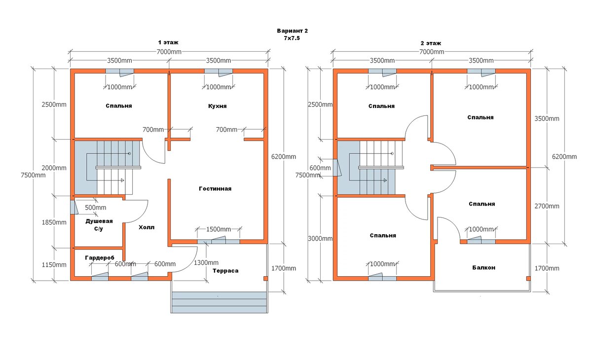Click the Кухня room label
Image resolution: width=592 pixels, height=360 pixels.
(217, 106)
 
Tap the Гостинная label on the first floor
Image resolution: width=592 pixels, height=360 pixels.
(215, 188)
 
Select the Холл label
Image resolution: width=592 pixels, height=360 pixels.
(147, 227)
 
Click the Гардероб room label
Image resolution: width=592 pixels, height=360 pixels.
(100, 257)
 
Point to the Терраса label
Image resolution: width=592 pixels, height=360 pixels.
(225, 271)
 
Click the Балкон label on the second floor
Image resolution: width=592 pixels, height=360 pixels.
(483, 268)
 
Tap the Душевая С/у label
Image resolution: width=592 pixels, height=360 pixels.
(99, 225)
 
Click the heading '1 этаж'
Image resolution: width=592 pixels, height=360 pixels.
(168, 42)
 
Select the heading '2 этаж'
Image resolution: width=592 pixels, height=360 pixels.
(431, 43)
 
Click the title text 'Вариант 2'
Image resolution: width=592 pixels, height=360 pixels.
(292, 31)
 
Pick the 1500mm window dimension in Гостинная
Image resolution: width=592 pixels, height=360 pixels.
(218, 229)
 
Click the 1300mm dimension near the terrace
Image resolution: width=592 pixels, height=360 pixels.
(206, 262)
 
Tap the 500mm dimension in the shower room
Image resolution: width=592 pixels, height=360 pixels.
(95, 208)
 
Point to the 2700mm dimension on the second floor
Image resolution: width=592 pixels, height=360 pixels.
(547, 206)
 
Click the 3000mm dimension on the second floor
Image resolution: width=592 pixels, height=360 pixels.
(320, 239)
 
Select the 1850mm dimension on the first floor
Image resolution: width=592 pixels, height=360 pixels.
(54, 222)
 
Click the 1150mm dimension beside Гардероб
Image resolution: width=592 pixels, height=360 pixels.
(54, 265)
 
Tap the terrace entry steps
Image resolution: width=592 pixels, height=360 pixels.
(219, 302)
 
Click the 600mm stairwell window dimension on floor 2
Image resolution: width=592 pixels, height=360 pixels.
(320, 168)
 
